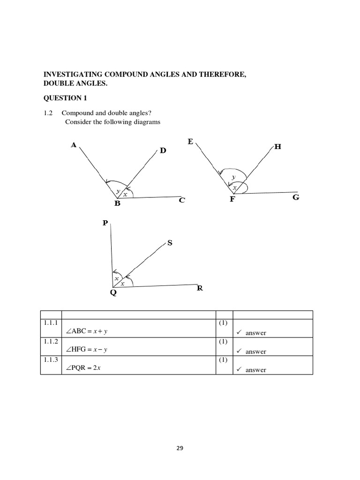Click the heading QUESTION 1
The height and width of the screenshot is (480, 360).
tap(65, 98)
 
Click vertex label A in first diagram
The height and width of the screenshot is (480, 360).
tap(73, 145)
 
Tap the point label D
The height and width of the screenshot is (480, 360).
tap(163, 150)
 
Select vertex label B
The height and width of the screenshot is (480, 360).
tap(117, 203)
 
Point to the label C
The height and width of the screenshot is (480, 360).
tap(182, 201)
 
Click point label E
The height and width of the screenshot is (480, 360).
tap(190, 141)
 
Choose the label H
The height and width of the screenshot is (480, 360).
tap(277, 147)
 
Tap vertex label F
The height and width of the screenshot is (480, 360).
tap(232, 199)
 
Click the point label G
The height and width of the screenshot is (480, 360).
tap(295, 197)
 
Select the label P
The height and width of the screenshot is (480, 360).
tap(105, 223)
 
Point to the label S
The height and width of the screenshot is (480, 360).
tap(170, 243)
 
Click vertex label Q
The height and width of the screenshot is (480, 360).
tap(113, 294)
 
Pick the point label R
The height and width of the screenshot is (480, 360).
tap(200, 288)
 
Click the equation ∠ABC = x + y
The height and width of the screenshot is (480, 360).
tap(87, 331)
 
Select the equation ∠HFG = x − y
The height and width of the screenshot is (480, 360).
tap(88, 350)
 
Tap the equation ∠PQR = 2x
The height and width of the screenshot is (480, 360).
tap(84, 368)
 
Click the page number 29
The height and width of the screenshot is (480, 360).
tap(180, 448)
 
